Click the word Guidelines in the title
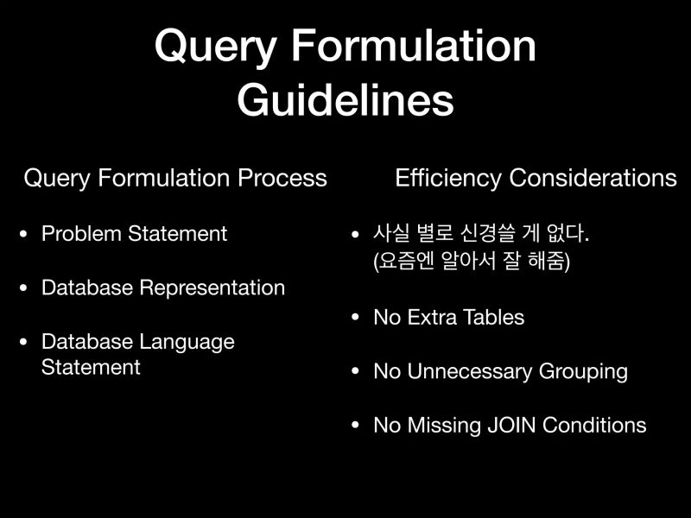pyautogui.click(x=345, y=100)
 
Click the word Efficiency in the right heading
pyautogui.click(x=448, y=179)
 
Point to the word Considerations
pyautogui.click(x=593, y=179)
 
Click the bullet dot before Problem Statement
pyautogui.click(x=24, y=234)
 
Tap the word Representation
pyautogui.click(x=212, y=287)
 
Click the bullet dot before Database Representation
pyautogui.click(x=24, y=287)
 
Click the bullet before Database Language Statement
pyautogui.click(x=24, y=342)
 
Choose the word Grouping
pyautogui.click(x=583, y=372)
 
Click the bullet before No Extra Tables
pyautogui.click(x=356, y=318)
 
